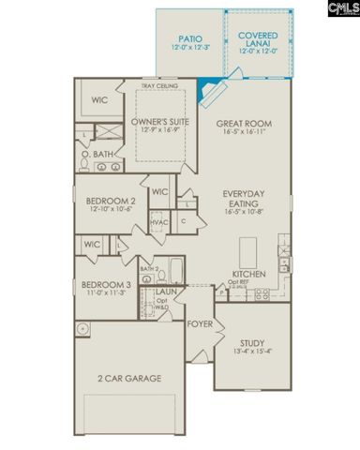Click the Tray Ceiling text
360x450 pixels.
coord(160,87)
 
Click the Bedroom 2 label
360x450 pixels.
coord(111,201)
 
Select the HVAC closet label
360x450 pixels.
coord(159,223)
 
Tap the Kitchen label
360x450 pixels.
coord(248,275)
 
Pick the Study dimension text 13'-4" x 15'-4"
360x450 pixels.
coord(254,351)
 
